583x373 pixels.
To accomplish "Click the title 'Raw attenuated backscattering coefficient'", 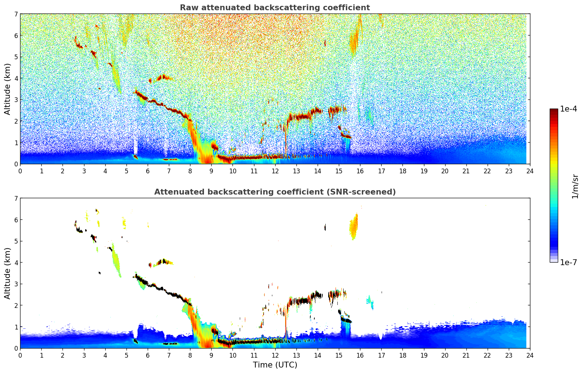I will pos(275,8).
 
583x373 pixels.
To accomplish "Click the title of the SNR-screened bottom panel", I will pos(275,192).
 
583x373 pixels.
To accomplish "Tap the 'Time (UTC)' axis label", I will pos(275,365).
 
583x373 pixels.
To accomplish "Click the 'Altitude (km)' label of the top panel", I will pos(7,89).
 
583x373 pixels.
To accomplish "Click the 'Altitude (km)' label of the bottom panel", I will pos(7,273).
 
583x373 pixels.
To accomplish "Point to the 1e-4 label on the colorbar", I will pos(568,109).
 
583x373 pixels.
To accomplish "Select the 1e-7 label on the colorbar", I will pos(568,262).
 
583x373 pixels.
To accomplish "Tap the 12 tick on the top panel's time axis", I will pos(275,171).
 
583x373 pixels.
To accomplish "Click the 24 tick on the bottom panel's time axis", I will pos(530,355).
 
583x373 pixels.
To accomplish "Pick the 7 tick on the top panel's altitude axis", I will pos(16,14).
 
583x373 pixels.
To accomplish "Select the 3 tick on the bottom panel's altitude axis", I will pos(16,284).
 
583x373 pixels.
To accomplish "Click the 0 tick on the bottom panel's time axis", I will pos(20,355).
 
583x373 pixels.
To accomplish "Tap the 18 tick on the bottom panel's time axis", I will pos(402,355).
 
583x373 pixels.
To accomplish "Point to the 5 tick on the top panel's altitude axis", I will pos(16,57).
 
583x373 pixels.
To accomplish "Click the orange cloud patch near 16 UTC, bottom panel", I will pos(353,227).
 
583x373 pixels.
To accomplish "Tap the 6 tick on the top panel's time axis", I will pos(148,171).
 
